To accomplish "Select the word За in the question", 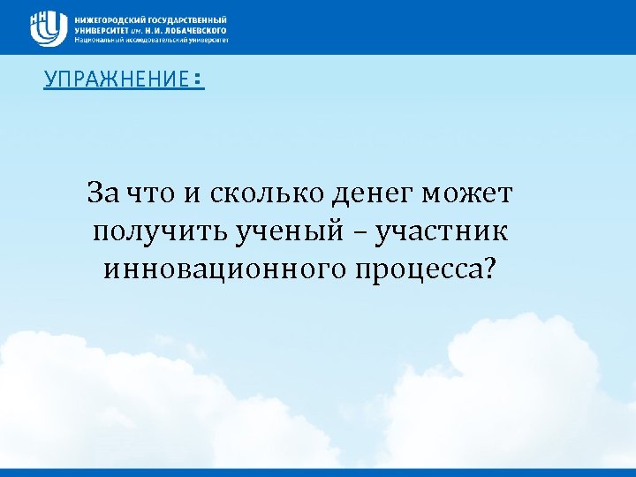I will (x=100, y=192).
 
